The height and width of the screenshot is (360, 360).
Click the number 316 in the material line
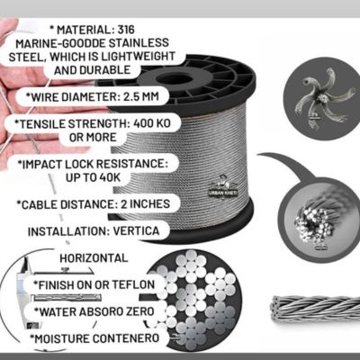(126, 30)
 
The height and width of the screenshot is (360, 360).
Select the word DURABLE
(105, 70)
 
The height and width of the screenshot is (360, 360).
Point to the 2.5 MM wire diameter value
(141, 96)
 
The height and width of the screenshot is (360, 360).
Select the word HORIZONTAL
(94, 258)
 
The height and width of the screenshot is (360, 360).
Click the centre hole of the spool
(175, 80)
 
